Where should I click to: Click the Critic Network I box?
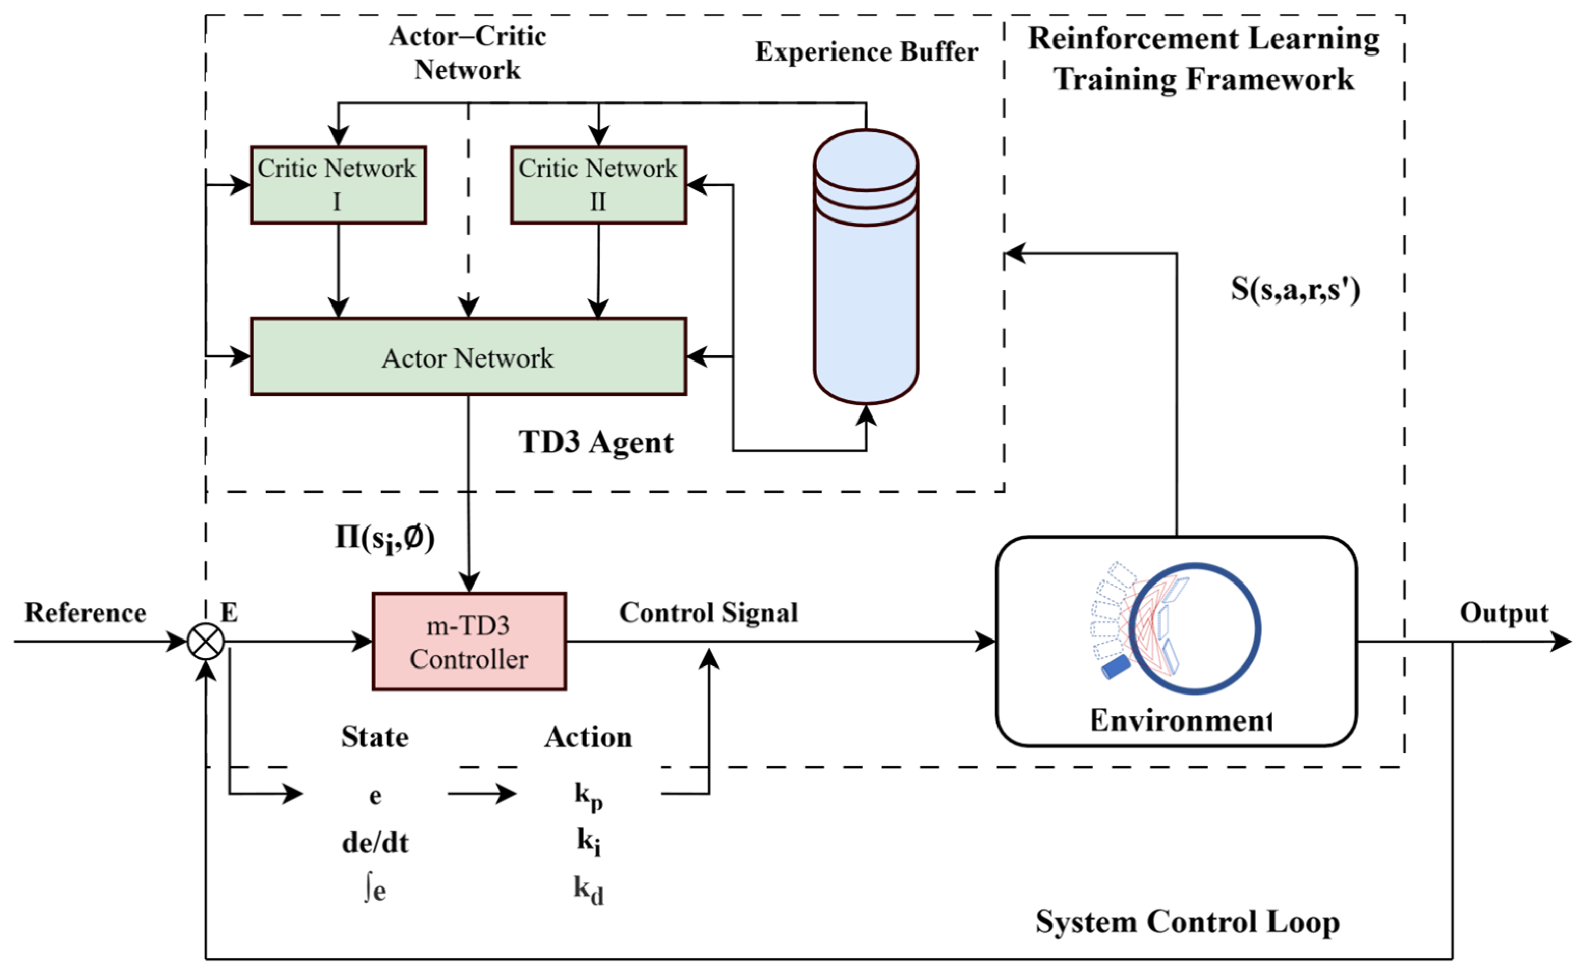point(338,185)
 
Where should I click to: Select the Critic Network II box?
point(598,185)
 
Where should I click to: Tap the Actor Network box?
point(468,357)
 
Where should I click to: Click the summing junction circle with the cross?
point(206,642)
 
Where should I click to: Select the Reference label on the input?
point(86,613)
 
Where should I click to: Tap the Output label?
point(1504,613)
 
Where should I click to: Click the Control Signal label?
point(708,613)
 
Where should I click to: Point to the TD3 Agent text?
point(596,442)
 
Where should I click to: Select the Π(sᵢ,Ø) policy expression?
point(385,538)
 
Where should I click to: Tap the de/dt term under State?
point(375,842)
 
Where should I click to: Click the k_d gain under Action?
point(589,891)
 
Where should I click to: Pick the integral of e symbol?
point(375,891)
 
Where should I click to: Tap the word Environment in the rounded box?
point(1181,720)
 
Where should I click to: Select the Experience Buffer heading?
point(866,52)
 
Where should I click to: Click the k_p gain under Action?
point(589,796)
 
